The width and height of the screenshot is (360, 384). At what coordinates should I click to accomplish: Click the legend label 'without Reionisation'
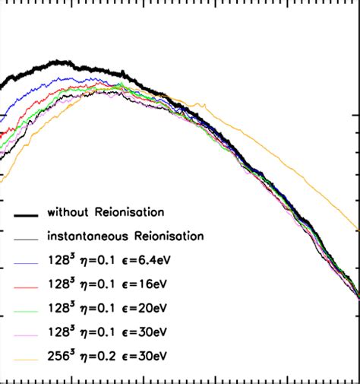coord(106,210)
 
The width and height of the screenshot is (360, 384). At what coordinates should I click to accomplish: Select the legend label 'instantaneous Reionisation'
coord(125,236)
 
